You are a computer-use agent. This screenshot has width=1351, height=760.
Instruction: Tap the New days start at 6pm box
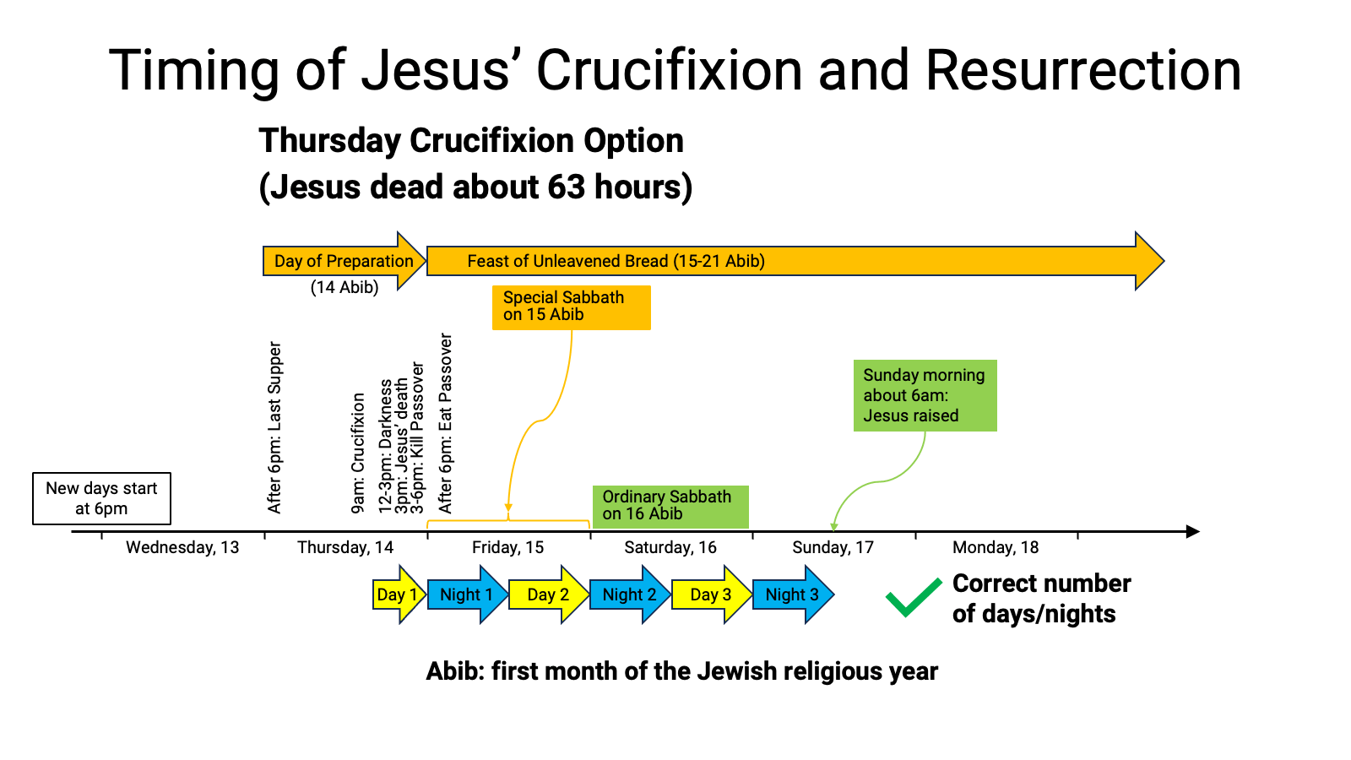click(102, 499)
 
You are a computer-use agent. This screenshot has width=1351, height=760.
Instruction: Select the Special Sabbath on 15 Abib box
click(571, 307)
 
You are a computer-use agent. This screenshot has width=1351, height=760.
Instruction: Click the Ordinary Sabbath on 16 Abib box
click(670, 507)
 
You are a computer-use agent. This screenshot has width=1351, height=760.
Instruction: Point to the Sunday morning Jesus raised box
click(925, 396)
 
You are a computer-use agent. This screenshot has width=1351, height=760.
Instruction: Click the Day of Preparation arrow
click(345, 261)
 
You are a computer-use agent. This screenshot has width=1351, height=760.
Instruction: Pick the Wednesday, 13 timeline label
click(182, 548)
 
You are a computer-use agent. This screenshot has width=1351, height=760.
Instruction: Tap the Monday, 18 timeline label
click(996, 548)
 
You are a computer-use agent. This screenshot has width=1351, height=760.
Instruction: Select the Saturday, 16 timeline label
click(670, 548)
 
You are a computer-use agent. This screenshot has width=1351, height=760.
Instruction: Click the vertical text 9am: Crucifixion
click(358, 453)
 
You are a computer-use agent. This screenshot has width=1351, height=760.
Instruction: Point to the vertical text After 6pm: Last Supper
click(274, 427)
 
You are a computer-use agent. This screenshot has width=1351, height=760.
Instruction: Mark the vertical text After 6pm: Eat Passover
click(445, 423)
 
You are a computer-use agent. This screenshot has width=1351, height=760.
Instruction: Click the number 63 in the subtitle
click(567, 187)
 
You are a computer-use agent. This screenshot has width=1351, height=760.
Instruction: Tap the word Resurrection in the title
click(1083, 71)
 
